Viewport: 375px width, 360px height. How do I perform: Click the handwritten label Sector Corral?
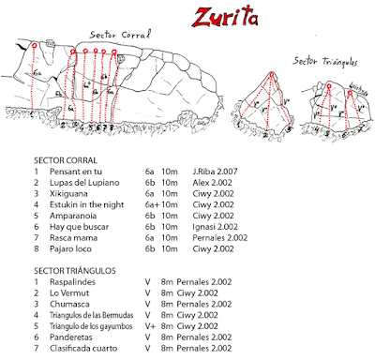point(120,34)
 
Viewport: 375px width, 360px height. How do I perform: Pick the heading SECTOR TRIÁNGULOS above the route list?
point(75,270)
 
